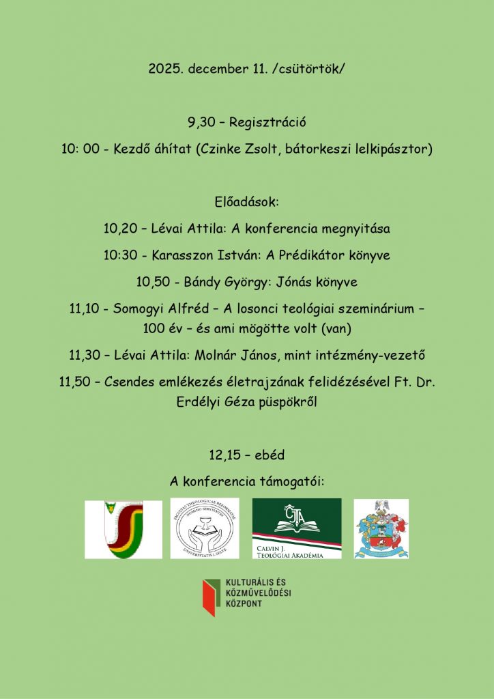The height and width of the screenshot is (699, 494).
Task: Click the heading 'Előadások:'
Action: pos(247,203)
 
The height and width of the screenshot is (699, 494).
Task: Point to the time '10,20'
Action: pos(117,229)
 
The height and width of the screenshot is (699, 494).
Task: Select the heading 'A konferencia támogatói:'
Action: pos(247,482)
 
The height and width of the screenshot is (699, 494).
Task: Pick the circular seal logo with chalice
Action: pos(205,528)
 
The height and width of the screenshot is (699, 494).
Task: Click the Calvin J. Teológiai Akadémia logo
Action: pos(297,528)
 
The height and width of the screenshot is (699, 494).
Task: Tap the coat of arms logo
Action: pos(381,528)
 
